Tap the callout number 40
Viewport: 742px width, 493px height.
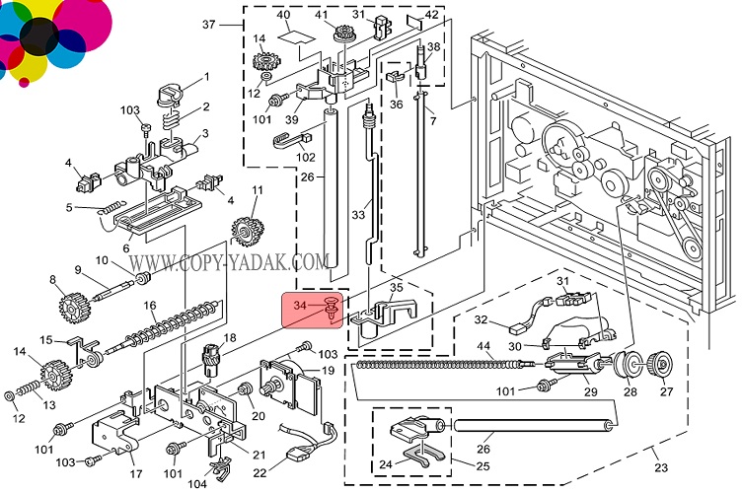click(x=283, y=15)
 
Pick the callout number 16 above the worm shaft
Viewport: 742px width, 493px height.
click(x=150, y=306)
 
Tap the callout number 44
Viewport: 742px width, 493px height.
click(x=484, y=347)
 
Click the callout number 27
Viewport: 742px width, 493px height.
click(x=667, y=392)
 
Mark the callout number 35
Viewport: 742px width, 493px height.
click(x=396, y=289)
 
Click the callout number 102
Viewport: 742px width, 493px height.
click(x=307, y=156)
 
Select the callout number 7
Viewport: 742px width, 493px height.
click(x=431, y=120)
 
